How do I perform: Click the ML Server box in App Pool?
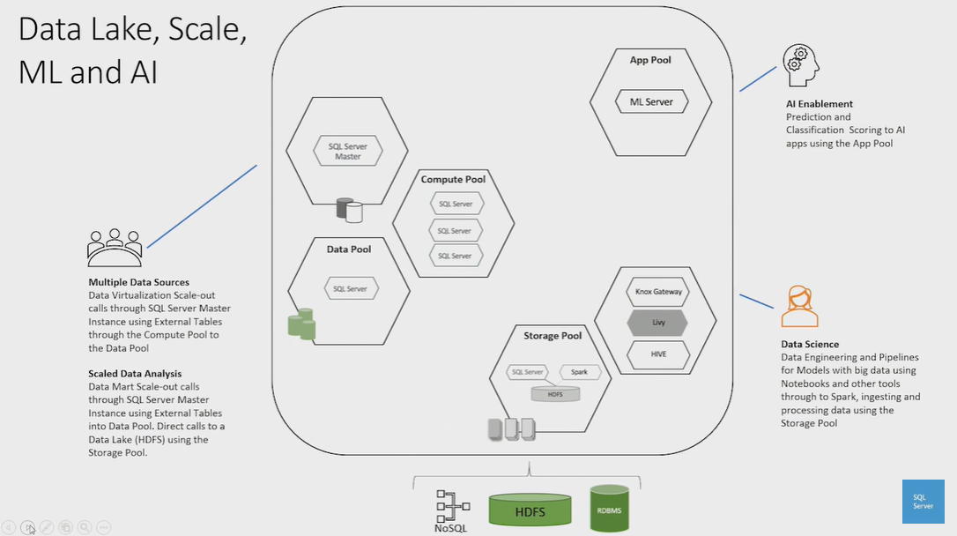[651, 102]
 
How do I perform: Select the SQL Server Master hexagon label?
[348, 151]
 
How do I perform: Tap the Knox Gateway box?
[657, 291]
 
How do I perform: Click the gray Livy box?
[657, 323]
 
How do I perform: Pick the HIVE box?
[657, 354]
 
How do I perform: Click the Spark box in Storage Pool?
[579, 372]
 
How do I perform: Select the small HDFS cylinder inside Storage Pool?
[555, 394]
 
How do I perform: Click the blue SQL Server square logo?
[923, 502]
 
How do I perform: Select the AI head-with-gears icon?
[800, 65]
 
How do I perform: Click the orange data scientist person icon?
[799, 306]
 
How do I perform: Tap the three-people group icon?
[115, 248]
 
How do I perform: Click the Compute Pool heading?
[453, 179]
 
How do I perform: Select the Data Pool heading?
[349, 249]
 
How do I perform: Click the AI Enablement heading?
[820, 104]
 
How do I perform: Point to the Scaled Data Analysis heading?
[135, 374]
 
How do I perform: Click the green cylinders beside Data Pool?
[301, 324]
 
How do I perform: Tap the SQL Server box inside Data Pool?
[350, 288]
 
